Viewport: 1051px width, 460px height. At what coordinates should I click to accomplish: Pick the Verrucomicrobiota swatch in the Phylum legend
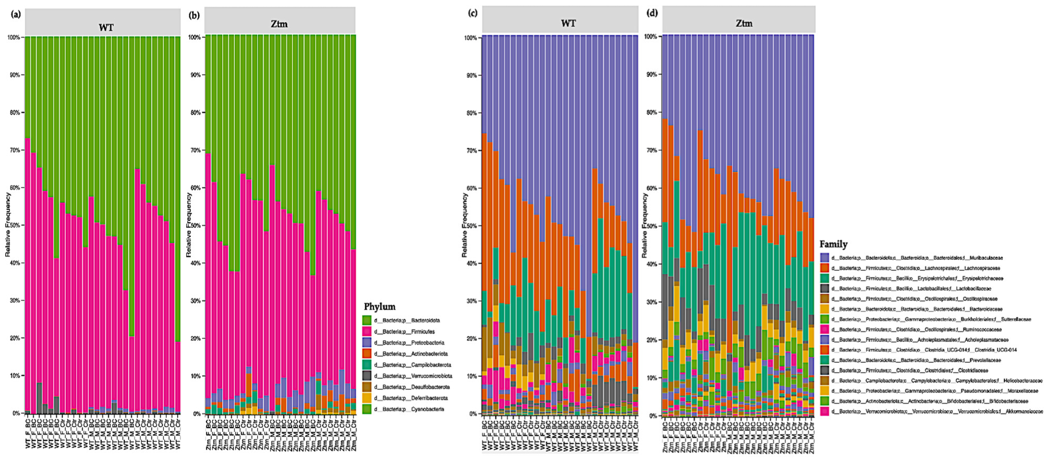367,376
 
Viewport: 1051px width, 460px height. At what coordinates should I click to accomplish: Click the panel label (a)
16,14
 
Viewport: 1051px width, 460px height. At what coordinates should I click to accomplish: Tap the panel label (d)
652,13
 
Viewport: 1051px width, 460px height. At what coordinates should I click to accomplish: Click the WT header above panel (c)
568,24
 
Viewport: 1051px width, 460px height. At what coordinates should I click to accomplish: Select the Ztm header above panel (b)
279,24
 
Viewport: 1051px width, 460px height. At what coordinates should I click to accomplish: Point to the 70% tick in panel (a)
14,151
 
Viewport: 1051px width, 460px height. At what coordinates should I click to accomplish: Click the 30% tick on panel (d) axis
651,302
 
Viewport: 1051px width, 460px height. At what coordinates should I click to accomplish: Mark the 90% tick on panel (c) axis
471,76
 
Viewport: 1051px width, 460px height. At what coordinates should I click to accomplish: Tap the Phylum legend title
380,307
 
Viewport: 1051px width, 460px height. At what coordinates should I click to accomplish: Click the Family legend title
833,244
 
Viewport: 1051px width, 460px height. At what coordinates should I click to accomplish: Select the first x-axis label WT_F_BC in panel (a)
28,434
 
